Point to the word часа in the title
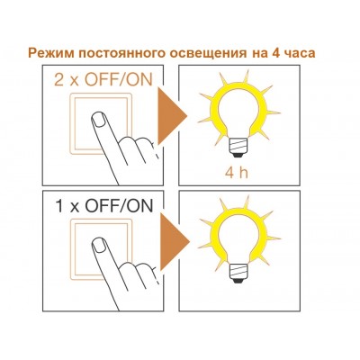[299, 53]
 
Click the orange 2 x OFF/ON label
[103, 80]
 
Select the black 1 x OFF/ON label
[104, 206]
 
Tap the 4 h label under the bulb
[237, 173]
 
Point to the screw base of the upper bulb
[238, 147]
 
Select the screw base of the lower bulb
[238, 273]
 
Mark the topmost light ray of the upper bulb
[246, 76]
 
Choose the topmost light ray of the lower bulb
[246, 202]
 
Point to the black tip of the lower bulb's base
[238, 281]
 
